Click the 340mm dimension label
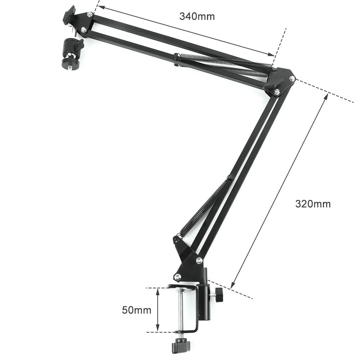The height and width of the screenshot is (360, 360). [197, 16]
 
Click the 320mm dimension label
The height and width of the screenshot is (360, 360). [312, 204]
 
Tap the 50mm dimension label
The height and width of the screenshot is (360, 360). [136, 310]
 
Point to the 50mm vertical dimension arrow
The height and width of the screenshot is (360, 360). [157, 310]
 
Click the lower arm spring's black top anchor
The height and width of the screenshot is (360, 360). [229, 177]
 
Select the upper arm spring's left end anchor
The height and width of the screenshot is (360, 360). [176, 57]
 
